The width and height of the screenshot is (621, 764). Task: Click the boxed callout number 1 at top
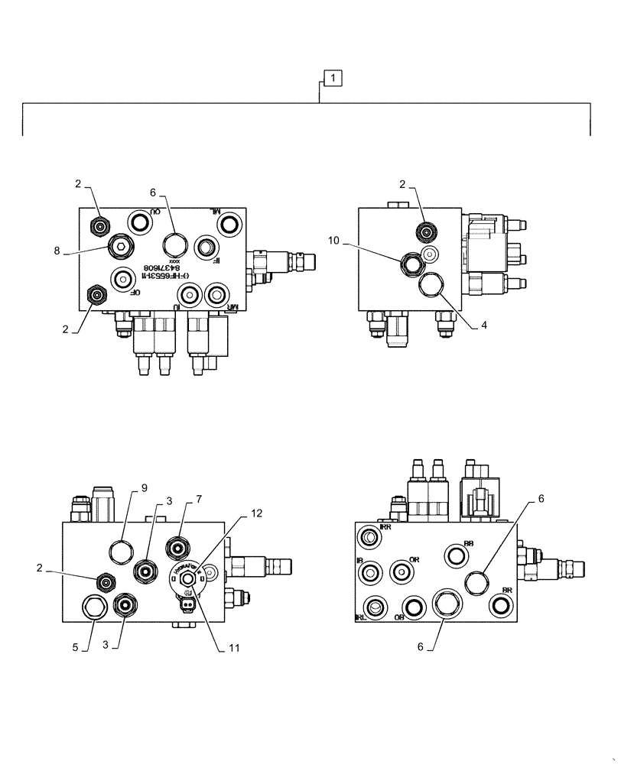[x=333, y=77]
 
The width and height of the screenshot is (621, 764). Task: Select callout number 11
[x=235, y=648]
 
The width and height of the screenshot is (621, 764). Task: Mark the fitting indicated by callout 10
[x=410, y=262]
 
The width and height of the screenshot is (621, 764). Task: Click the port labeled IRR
[x=369, y=538]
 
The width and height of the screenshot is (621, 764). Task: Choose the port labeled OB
[x=414, y=607]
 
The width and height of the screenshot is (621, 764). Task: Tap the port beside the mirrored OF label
[x=121, y=279]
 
